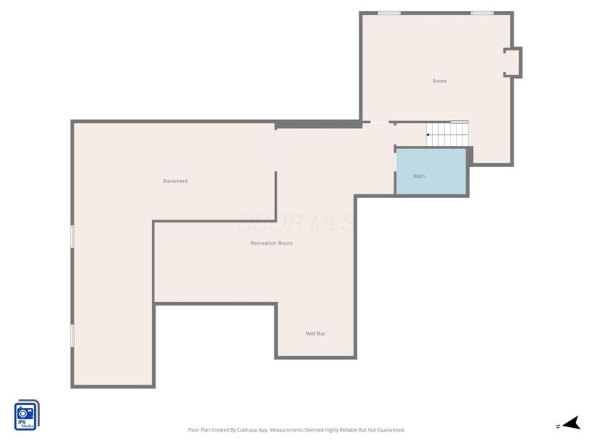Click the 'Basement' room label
(176, 181)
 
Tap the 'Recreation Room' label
(271, 243)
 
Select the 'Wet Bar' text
(316, 334)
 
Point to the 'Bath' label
(419, 176)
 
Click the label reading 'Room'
(440, 81)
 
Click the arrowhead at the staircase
(428, 135)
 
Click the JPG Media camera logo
(26, 414)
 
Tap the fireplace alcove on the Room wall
(512, 62)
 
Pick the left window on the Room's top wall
(389, 13)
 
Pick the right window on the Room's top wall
(482, 13)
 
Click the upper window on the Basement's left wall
(73, 236)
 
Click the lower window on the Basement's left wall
(73, 335)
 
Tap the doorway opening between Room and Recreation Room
(379, 123)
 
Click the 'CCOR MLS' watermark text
(296, 222)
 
